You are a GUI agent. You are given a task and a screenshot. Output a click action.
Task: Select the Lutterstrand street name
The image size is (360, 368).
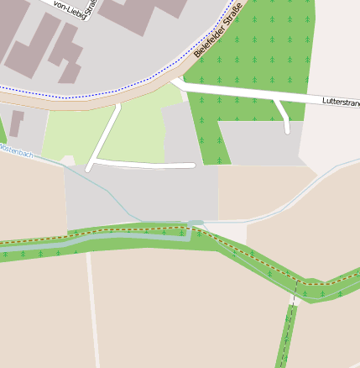[x=342, y=102]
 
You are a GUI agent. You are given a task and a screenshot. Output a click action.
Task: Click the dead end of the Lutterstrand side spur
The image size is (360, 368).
[x=287, y=130]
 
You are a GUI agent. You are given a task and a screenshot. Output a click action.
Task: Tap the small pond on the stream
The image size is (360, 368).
[x=195, y=223]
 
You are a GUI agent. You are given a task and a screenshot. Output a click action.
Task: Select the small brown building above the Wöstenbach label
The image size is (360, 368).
[x=16, y=123]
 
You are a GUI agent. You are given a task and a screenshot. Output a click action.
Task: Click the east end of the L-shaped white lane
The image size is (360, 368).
[x=194, y=165]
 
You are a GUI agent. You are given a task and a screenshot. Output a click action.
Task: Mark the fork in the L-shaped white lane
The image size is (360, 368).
[x=96, y=158]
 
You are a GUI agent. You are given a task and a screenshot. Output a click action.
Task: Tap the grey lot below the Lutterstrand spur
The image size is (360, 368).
[x=260, y=143]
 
